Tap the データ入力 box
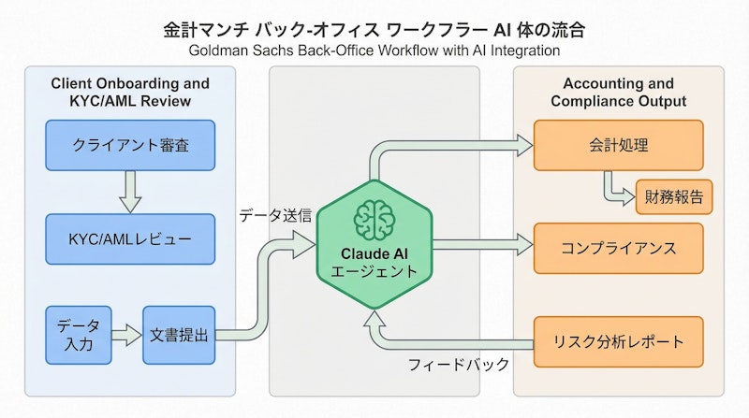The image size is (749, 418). (x=78, y=333)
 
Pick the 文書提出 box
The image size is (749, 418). (x=178, y=333)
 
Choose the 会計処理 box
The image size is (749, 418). (x=618, y=145)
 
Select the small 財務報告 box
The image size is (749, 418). (x=674, y=197)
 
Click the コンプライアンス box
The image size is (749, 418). (x=618, y=248)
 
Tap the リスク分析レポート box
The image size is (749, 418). (x=618, y=341)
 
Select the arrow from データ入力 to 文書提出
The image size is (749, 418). (x=125, y=333)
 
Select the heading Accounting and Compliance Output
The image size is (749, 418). (x=618, y=91)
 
